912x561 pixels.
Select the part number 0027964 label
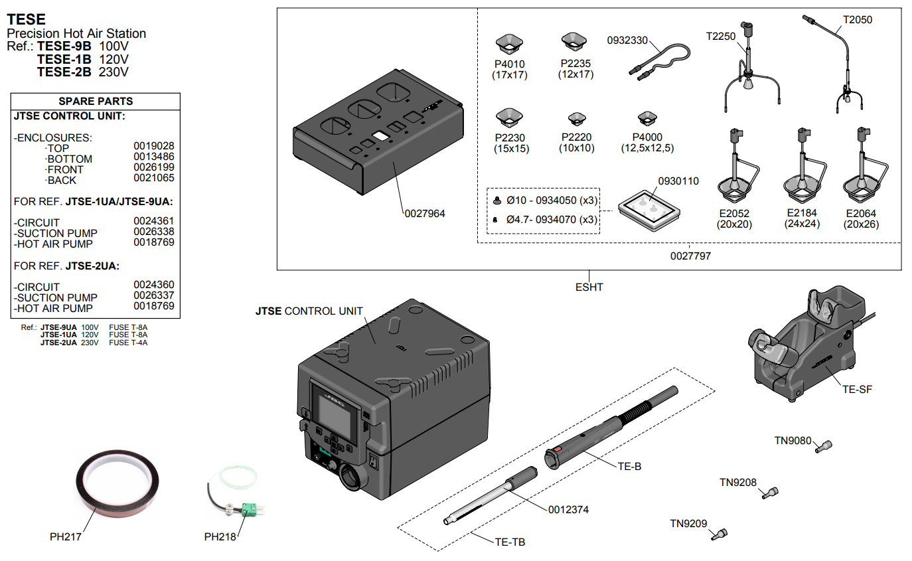click(x=425, y=214)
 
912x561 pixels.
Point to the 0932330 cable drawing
click(x=658, y=59)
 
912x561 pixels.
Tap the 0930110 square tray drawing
click(x=650, y=208)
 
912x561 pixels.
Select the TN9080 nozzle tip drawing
click(x=826, y=446)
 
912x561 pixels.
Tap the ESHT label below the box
click(x=589, y=287)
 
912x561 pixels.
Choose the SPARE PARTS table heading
click(x=96, y=102)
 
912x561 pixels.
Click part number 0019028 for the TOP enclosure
click(x=154, y=145)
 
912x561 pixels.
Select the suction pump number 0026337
click(x=154, y=295)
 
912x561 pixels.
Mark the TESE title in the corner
click(x=26, y=21)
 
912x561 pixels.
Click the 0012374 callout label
click(x=568, y=510)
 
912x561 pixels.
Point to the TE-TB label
click(x=510, y=542)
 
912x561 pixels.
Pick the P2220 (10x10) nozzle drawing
click(x=576, y=120)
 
